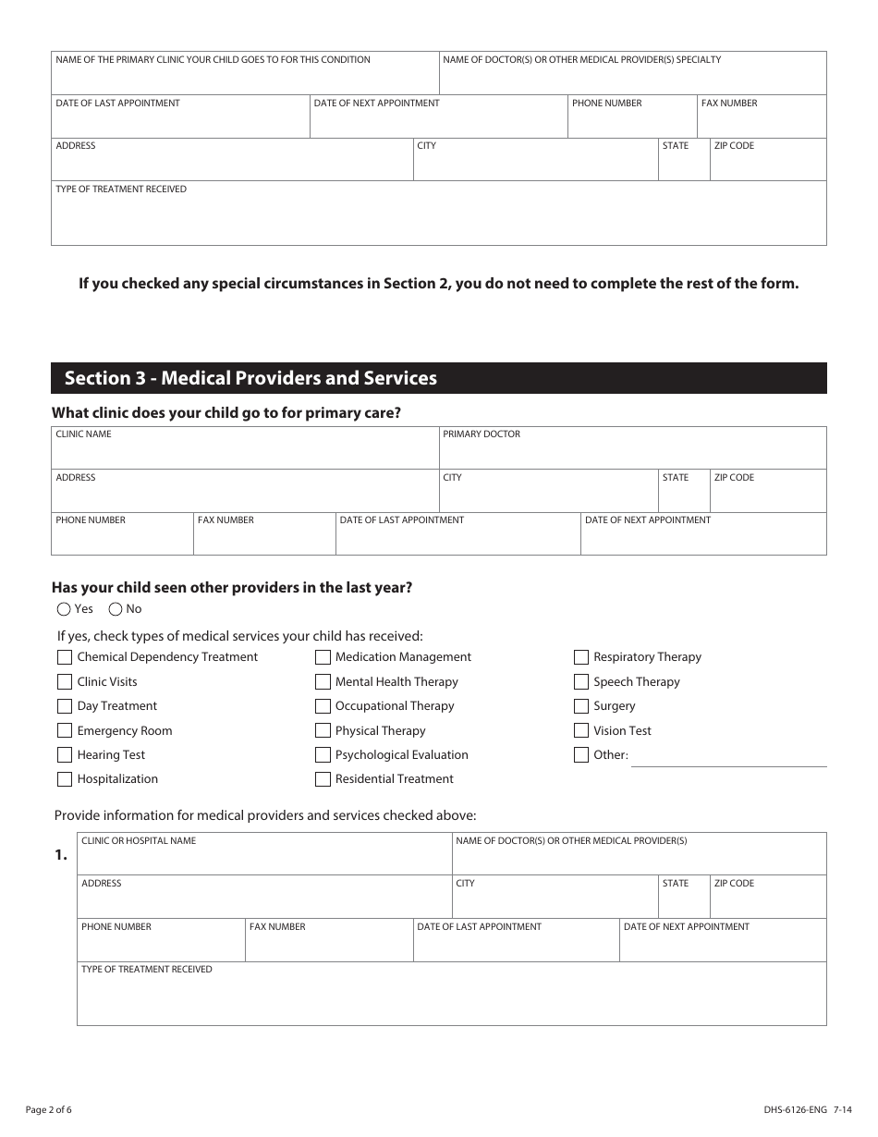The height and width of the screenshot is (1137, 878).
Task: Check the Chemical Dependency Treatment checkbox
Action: click(x=65, y=657)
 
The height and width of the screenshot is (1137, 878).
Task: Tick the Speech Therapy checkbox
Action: click(x=581, y=682)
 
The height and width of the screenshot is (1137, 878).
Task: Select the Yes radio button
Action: click(x=64, y=609)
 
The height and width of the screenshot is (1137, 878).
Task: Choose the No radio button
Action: click(x=116, y=609)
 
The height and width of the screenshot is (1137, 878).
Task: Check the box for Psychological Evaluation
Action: click(x=323, y=755)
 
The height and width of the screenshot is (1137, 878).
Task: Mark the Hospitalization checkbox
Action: click(x=65, y=779)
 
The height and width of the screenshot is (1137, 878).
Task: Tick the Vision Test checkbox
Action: click(x=581, y=731)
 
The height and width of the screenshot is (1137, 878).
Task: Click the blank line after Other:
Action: click(x=728, y=757)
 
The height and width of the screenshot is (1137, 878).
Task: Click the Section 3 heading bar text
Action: click(x=250, y=378)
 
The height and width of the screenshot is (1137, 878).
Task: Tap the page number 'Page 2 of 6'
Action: click(x=49, y=1109)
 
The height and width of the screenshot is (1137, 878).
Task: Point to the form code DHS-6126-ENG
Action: click(x=781, y=1109)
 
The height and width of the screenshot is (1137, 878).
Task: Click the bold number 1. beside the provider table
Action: click(x=61, y=855)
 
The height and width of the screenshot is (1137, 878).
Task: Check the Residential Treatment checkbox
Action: click(x=323, y=779)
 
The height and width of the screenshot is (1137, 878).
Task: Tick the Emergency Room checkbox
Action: click(x=65, y=731)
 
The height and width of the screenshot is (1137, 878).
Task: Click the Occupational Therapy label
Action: click(x=395, y=706)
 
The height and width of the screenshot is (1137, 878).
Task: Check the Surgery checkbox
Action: click(x=581, y=706)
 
